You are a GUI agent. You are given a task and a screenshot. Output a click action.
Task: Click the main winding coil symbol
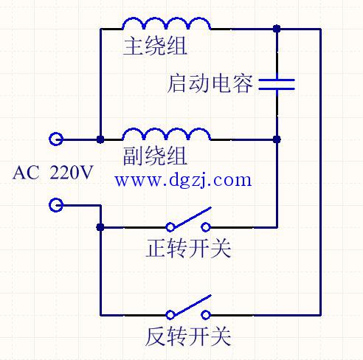click(167, 21)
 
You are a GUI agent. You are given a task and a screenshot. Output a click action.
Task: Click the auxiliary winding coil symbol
click(167, 131)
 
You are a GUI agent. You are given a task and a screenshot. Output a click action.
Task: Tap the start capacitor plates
click(277, 84)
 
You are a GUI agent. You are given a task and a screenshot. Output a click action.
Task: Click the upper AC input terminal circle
click(56, 139)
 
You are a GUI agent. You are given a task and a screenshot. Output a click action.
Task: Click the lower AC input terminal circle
click(56, 205)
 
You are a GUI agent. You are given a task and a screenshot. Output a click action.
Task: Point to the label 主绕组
click(155, 46)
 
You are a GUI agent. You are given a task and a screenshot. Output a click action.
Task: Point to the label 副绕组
click(155, 156)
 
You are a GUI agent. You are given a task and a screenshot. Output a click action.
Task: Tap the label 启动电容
click(210, 84)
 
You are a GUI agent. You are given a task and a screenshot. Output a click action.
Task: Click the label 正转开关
click(188, 248)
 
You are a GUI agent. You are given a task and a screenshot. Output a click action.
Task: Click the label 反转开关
click(188, 336)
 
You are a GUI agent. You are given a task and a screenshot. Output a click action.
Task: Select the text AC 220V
click(52, 173)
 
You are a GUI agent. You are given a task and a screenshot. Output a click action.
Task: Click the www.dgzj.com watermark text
click(183, 180)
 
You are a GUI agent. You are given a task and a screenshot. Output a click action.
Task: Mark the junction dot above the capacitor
click(277, 29)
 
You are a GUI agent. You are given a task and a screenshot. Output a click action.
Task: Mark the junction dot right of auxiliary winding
click(277, 139)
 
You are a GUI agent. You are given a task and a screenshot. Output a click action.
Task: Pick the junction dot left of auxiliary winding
click(100, 139)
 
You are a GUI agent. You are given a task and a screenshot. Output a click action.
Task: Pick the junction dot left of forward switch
click(100, 227)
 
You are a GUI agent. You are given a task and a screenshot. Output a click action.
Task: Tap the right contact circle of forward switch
click(206, 227)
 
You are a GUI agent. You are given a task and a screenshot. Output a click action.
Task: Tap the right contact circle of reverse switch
click(206, 315)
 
